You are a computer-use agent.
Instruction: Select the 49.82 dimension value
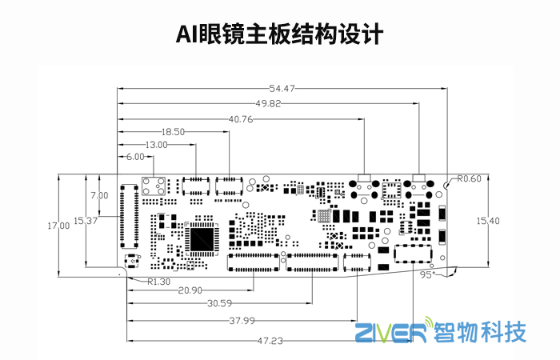point(269,102)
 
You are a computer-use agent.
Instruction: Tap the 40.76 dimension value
point(241,118)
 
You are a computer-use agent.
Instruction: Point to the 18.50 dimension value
point(173,131)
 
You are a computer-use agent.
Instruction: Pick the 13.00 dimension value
point(155,145)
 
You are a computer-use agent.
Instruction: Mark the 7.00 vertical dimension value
point(99,195)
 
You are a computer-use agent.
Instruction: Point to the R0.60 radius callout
point(470,178)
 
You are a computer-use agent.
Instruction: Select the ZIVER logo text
point(390,330)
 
